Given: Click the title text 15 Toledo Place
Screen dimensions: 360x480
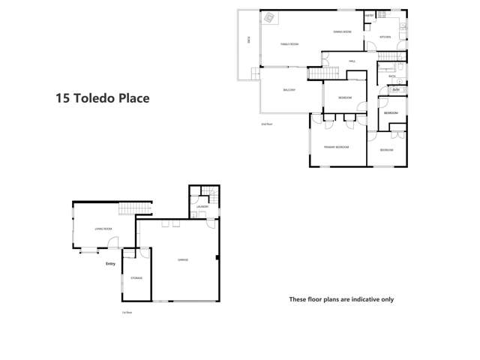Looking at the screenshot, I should click(x=103, y=97).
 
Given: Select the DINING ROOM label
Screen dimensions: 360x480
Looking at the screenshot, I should click(x=343, y=31).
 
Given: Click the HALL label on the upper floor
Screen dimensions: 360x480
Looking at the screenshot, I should click(x=351, y=61).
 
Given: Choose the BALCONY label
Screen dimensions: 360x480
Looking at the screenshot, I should click(x=289, y=90).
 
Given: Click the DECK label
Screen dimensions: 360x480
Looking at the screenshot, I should click(x=248, y=40).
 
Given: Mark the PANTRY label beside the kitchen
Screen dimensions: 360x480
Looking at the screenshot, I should click(x=369, y=15).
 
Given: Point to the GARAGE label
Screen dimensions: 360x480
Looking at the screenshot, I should click(x=182, y=259).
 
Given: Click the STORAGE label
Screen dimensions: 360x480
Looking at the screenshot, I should click(x=136, y=277).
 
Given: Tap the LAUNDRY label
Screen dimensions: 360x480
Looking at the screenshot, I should click(x=203, y=206).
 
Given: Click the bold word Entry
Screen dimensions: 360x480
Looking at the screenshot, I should click(x=111, y=263).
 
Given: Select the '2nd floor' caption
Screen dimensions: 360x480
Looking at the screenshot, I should click(x=265, y=124).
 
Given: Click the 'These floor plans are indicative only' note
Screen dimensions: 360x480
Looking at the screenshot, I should click(x=341, y=299).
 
